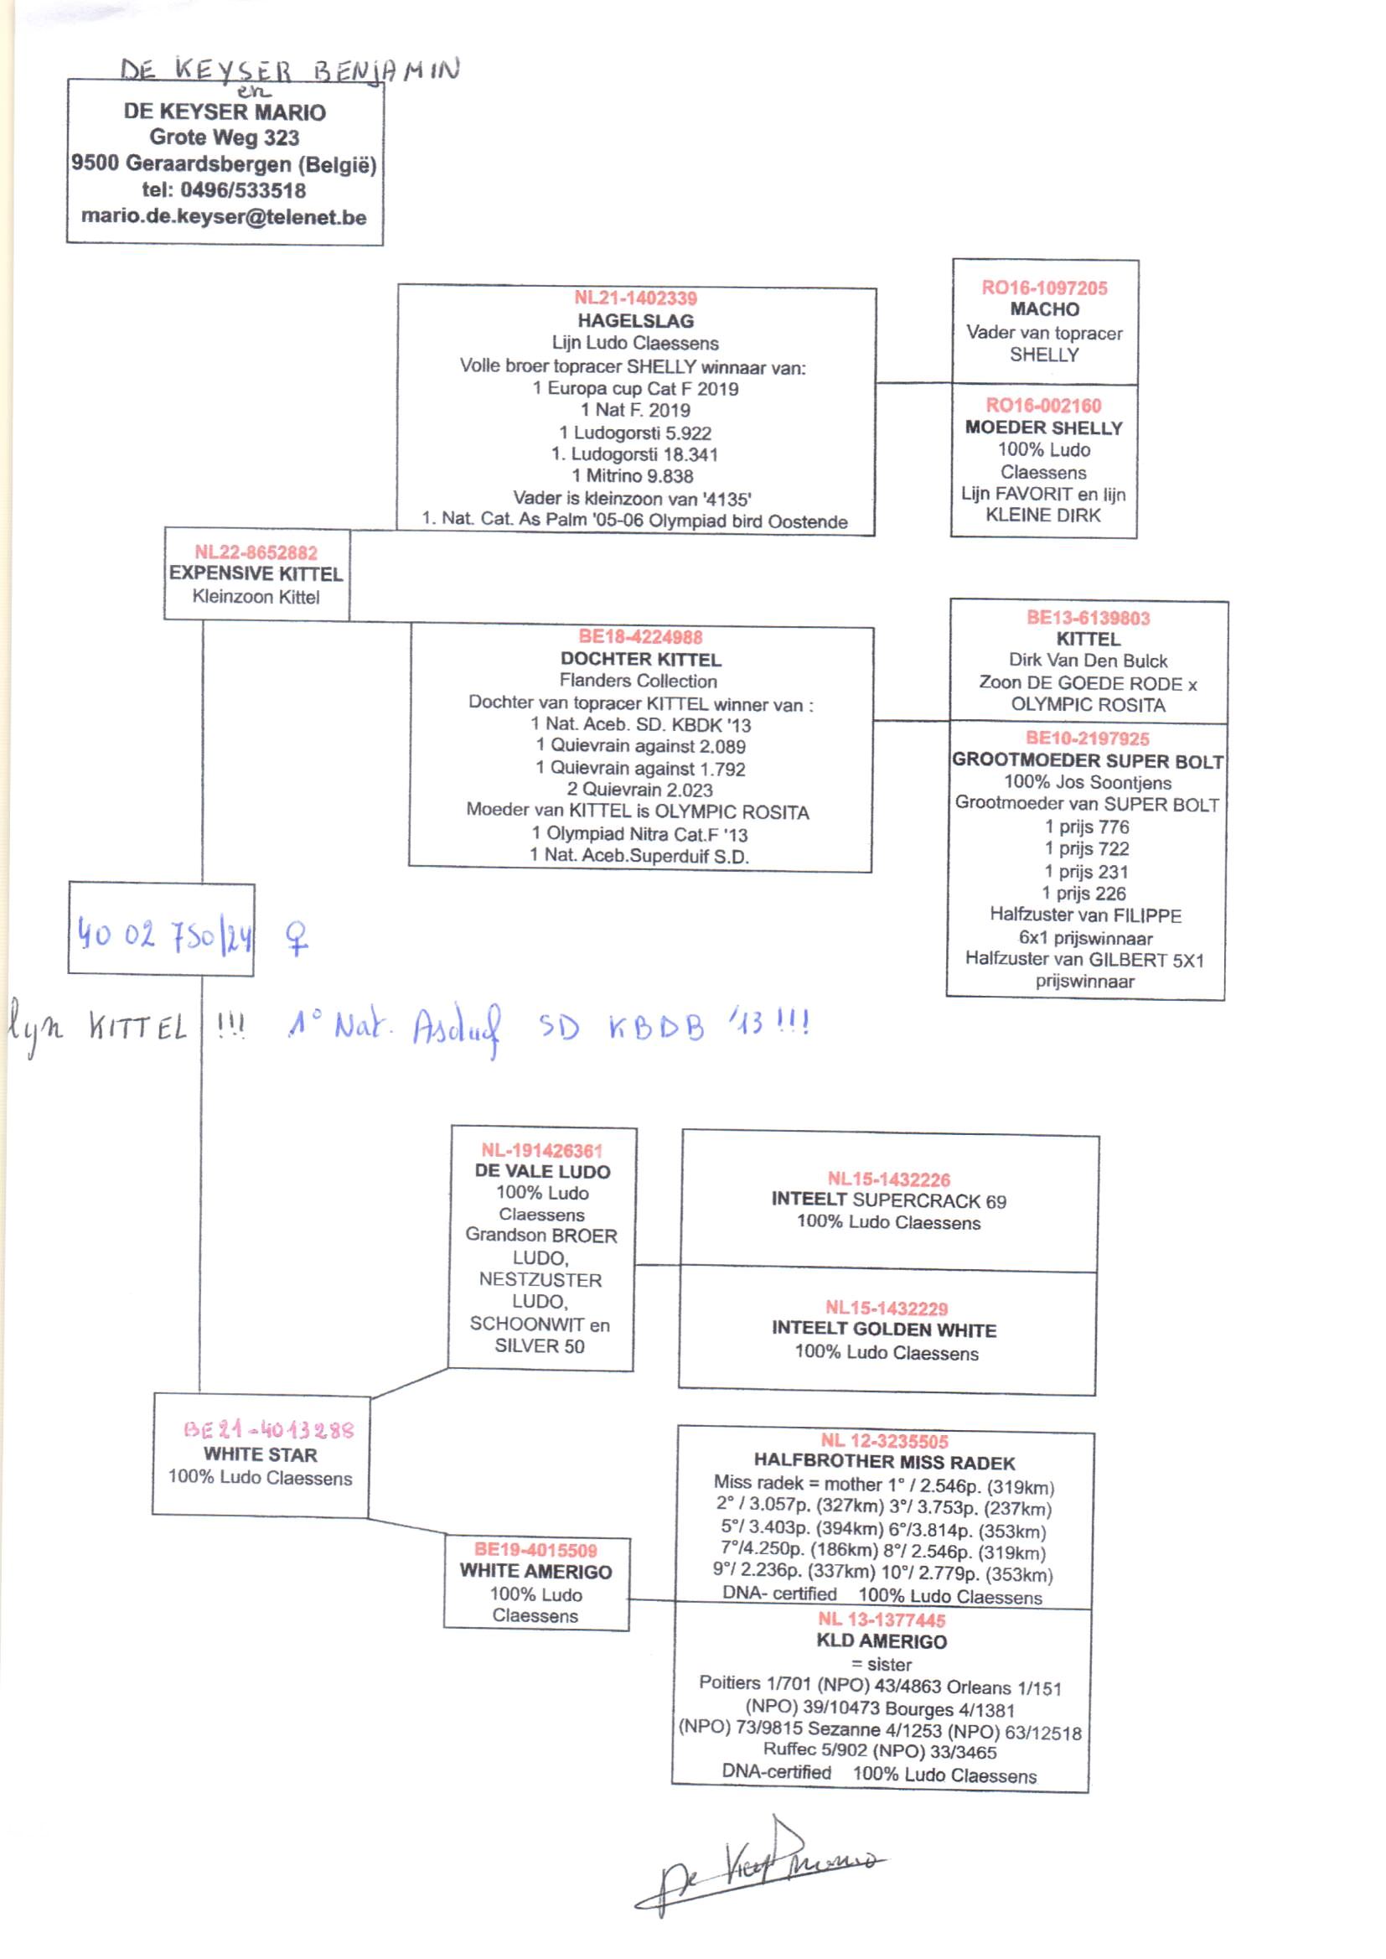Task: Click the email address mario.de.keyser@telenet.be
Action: [224, 217]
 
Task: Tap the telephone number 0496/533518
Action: [243, 190]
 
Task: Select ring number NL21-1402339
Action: [635, 298]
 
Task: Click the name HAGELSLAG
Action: [635, 321]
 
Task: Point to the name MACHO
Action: [1044, 309]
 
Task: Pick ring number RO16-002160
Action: [1043, 406]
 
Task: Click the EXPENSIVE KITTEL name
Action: [256, 573]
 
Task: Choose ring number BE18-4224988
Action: [640, 637]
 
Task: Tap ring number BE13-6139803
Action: [1088, 618]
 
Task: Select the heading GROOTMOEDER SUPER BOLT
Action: [1088, 760]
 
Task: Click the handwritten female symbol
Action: [296, 938]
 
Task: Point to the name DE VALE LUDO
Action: [542, 1171]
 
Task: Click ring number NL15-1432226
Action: [888, 1179]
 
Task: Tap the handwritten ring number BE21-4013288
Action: [268, 1429]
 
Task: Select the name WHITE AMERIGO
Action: [535, 1571]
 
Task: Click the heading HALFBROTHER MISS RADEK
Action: [883, 1462]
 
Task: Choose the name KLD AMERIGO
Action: [881, 1640]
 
